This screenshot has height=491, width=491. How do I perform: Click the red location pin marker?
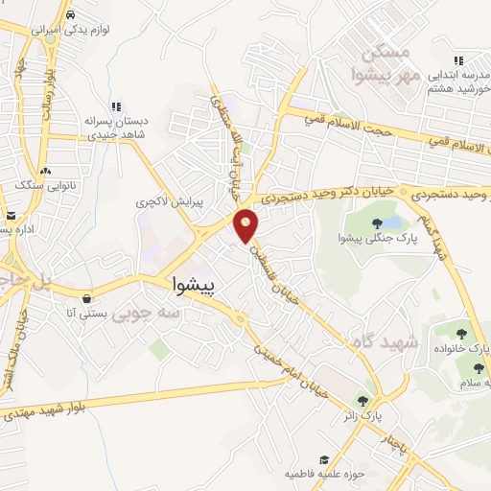pyautogui.click(x=246, y=224)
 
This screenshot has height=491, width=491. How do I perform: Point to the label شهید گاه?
pyautogui.click(x=414, y=341)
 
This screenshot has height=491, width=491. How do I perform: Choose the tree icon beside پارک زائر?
pyautogui.click(x=362, y=401)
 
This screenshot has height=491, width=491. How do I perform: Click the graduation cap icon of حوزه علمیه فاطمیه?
pyautogui.click(x=324, y=460)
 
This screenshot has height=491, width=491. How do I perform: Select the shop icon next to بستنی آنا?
pyautogui.click(x=87, y=297)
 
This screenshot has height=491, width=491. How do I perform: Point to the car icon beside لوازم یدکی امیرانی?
pyautogui.click(x=73, y=16)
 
